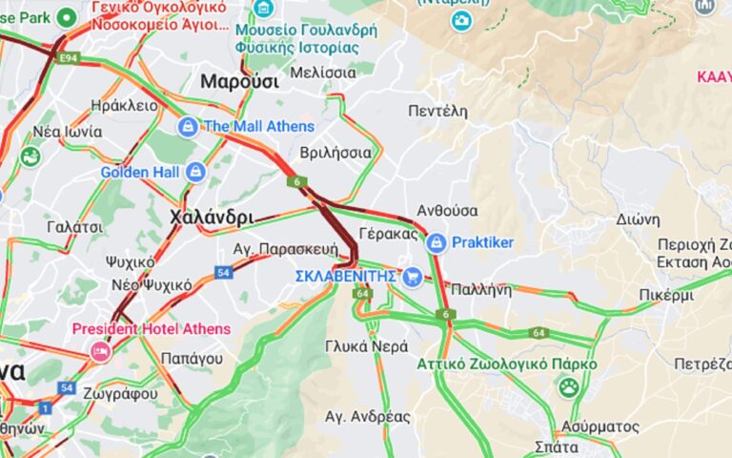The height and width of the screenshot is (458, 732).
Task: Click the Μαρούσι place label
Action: pyautogui.click(x=239, y=82)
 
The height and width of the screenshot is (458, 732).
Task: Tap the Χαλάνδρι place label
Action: pyautogui.click(x=211, y=218)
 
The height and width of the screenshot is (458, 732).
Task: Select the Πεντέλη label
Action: pyautogui.click(x=437, y=111)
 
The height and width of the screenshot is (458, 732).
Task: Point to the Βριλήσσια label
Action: pyautogui.click(x=335, y=152)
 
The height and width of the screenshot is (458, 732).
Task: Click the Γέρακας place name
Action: pyautogui.click(x=389, y=233)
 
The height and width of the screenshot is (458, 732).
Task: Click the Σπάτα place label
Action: pyautogui.click(x=557, y=446)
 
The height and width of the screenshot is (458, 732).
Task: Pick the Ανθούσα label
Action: pyautogui.click(x=448, y=210)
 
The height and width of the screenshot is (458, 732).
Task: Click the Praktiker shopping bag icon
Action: pyautogui.click(x=437, y=242)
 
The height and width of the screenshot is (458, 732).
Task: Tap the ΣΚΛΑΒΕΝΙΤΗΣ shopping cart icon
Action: pyautogui.click(x=412, y=277)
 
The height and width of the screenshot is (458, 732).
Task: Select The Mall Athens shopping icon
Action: pyautogui.click(x=188, y=126)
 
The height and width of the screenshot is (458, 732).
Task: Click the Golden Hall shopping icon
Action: pyautogui.click(x=195, y=172)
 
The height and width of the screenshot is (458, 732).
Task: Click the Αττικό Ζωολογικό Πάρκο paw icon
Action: pyautogui.click(x=569, y=386)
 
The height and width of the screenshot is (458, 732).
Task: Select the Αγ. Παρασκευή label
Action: pyautogui.click(x=286, y=248)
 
